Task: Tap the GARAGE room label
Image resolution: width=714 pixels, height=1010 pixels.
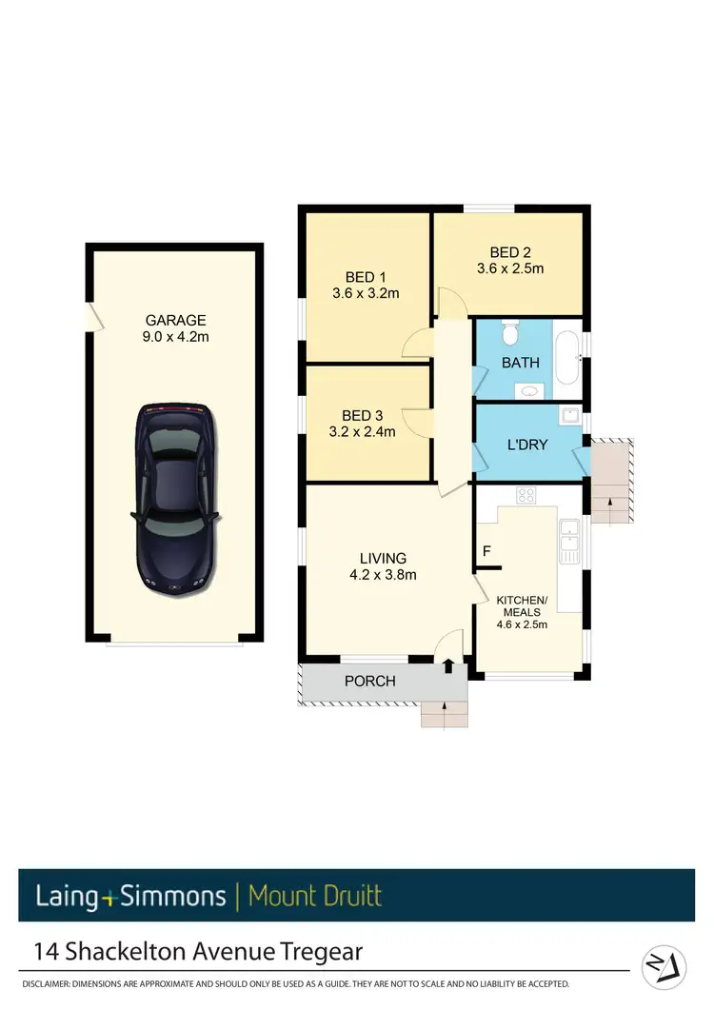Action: point(175,321)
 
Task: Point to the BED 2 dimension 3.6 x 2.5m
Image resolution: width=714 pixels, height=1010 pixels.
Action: point(510,268)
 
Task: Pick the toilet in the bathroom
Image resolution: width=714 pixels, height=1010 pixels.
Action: point(509,334)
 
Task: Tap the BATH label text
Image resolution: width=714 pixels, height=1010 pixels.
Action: point(520,363)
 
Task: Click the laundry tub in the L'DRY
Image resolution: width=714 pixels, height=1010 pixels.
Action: point(570,416)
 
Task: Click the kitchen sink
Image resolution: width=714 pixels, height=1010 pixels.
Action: point(569,541)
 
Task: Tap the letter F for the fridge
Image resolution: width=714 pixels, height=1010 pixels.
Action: point(486,550)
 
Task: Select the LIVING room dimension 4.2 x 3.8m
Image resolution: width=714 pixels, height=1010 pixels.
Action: point(383,574)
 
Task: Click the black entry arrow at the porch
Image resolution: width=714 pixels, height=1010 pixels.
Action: point(447,666)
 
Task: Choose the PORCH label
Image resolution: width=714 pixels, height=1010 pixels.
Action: point(369,682)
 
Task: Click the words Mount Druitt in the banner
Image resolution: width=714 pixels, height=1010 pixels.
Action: point(314,896)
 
